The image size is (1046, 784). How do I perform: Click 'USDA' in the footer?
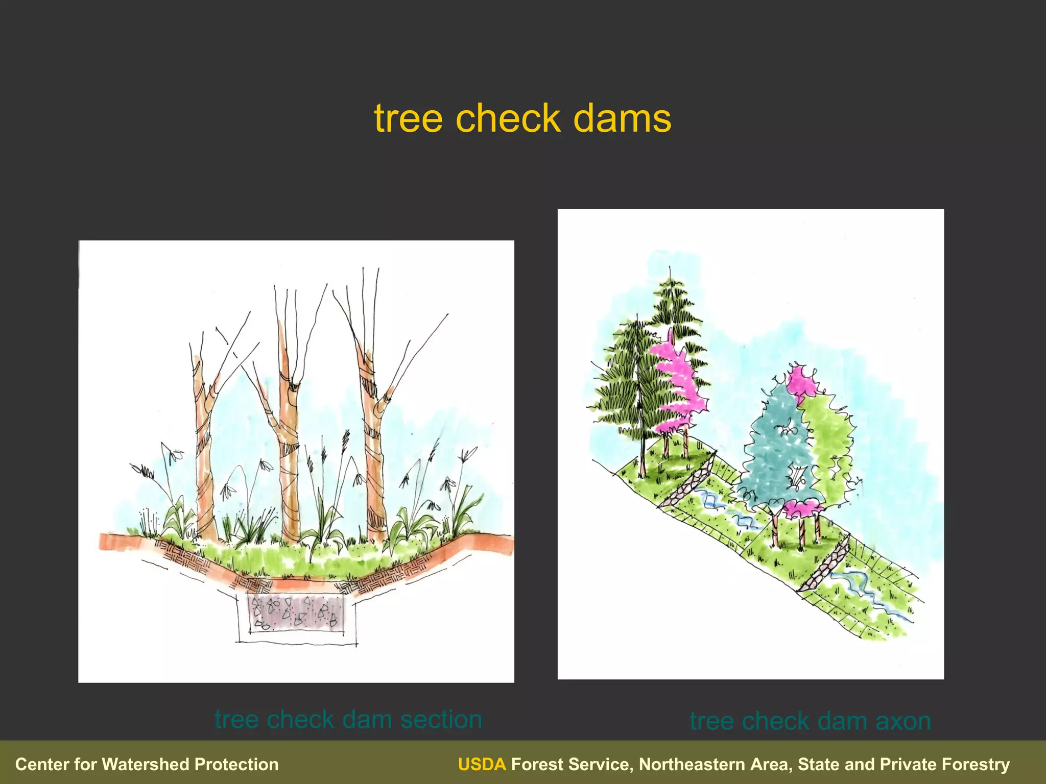pyautogui.click(x=482, y=764)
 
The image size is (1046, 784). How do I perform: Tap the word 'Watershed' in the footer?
pyautogui.click(x=146, y=764)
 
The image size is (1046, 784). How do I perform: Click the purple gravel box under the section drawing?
pyautogui.click(x=295, y=611)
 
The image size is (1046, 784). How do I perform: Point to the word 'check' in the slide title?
pyautogui.click(x=508, y=118)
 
